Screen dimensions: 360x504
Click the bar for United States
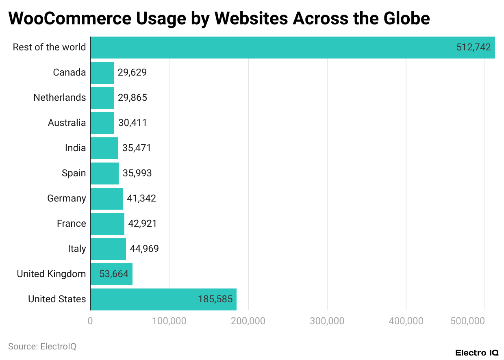pos(163,299)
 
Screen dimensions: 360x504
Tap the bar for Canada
pos(102,73)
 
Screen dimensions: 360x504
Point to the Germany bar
pos(106,199)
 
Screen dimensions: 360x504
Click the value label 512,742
pos(474,48)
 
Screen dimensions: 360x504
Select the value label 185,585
pos(215,299)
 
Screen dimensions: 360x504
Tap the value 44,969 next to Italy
pos(144,249)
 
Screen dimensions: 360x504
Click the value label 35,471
pos(137,148)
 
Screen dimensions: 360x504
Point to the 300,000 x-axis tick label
pos(327,321)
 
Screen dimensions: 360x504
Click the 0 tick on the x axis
pos(90,321)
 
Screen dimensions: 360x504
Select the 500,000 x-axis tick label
pos(468,321)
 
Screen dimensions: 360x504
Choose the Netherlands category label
pos(60,98)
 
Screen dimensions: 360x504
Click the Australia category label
pos(67,123)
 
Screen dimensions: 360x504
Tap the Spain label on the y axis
pos(74,173)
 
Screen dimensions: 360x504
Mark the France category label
pos(71,224)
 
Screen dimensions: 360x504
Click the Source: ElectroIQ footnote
pos(42,347)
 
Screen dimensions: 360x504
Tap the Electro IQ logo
pos(477,353)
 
